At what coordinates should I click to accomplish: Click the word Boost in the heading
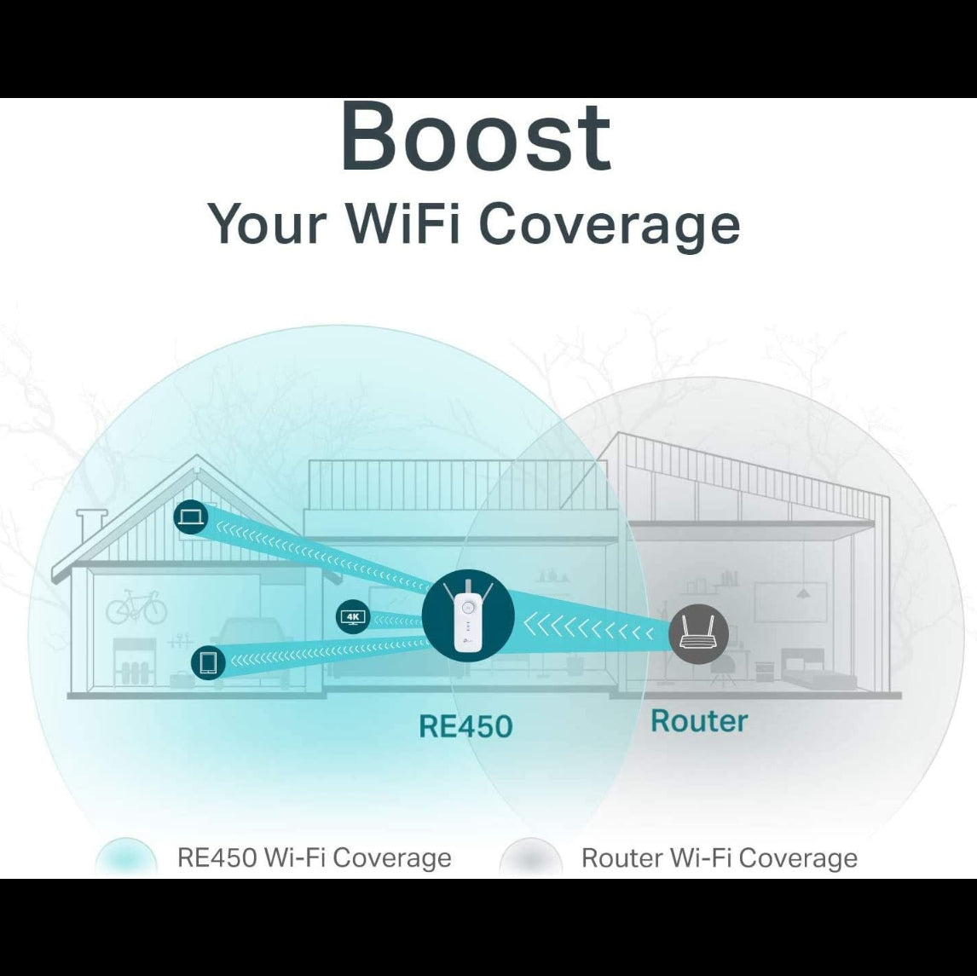(476, 136)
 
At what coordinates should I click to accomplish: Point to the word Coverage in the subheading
(608, 224)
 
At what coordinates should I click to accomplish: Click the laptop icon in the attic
(191, 517)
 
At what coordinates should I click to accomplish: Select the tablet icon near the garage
(208, 662)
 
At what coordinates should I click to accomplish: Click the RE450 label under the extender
(465, 726)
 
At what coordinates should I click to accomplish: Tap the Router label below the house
(699, 721)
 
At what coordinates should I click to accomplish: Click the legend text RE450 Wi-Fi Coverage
(314, 858)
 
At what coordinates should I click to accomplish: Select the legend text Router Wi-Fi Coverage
(719, 858)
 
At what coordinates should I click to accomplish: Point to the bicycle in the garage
(136, 607)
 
